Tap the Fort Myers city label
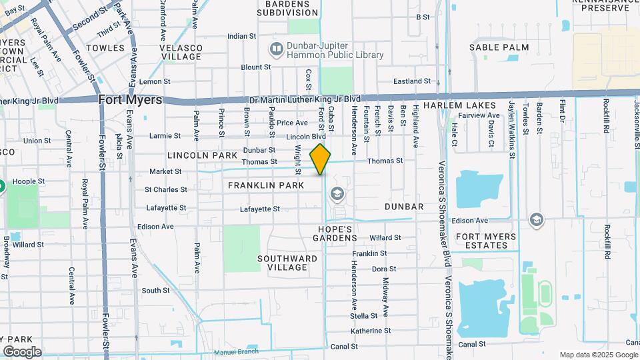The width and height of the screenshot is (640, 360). pyautogui.click(x=130, y=99)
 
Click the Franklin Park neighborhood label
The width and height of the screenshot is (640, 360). pyautogui.click(x=265, y=185)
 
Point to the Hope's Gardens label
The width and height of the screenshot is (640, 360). pyautogui.click(x=340, y=233)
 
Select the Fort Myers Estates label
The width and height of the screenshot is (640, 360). pyautogui.click(x=486, y=241)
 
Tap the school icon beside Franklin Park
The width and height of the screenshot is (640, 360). pyautogui.click(x=337, y=193)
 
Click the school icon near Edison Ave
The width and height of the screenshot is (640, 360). pyautogui.click(x=536, y=219)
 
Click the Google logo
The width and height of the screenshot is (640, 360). pyautogui.click(x=22, y=351)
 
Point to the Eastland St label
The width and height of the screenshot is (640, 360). pyautogui.click(x=411, y=81)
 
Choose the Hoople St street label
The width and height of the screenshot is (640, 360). pyautogui.click(x=29, y=181)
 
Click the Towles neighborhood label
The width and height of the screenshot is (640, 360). pyautogui.click(x=105, y=48)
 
